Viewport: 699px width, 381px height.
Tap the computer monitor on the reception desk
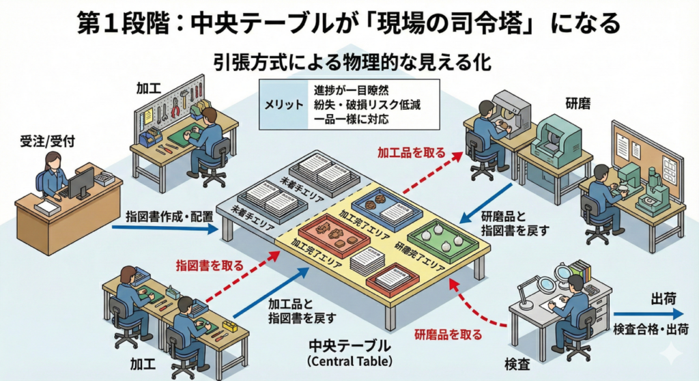coord(81,181)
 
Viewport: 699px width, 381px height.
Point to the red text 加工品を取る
coord(411,152)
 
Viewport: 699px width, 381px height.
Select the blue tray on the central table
coord(384,208)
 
